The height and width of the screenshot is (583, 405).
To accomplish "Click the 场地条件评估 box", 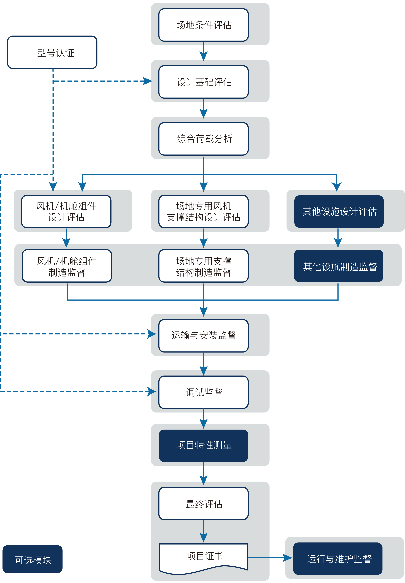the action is [x=204, y=25].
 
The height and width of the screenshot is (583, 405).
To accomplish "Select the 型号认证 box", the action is [x=52, y=52].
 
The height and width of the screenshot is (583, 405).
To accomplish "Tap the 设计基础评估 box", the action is [x=204, y=82].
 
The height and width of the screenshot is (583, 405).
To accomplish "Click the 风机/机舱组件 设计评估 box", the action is [x=66, y=212].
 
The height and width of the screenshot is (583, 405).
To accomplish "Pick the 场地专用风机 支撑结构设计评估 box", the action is [x=204, y=212].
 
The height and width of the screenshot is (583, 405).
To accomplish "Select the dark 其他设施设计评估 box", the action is [x=339, y=212].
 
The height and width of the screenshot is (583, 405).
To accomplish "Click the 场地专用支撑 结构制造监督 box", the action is [x=204, y=266].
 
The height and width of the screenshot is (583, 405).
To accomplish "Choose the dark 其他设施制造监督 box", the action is [x=339, y=266].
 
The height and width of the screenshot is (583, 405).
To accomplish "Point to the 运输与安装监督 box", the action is [x=204, y=336].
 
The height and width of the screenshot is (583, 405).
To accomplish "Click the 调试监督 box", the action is [x=204, y=392].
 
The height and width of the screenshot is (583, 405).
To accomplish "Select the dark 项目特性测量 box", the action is [x=204, y=446].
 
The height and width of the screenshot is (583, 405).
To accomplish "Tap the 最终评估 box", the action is [x=204, y=504].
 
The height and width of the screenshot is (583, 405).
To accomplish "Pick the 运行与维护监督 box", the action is [x=338, y=559].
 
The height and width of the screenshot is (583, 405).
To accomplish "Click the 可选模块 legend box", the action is [x=33, y=559].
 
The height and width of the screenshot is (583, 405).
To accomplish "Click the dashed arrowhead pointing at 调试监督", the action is [x=152, y=392].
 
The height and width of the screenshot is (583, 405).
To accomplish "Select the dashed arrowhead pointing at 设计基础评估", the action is [x=148, y=81].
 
